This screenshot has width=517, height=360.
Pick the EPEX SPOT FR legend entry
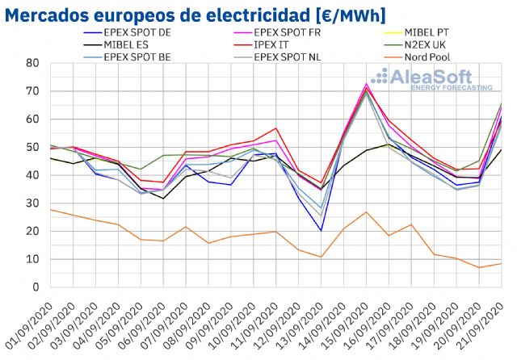tap(296, 32)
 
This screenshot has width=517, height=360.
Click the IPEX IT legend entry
tap(285, 45)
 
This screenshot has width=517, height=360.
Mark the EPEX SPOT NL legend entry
tap(296, 58)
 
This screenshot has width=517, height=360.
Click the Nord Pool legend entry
tap(440, 58)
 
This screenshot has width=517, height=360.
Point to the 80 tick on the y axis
tap(33, 63)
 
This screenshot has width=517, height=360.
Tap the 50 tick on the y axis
tap(33, 147)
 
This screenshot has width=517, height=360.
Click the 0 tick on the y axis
tap(36, 287)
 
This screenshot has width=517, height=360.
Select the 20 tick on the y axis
tap(33, 231)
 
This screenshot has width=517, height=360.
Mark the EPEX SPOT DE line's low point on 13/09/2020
tap(322, 231)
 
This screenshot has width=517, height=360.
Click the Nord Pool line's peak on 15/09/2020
tap(367, 211)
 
